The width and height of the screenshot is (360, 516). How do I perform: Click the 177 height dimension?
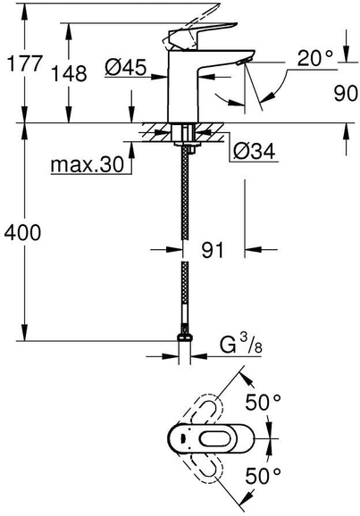tap(25, 63)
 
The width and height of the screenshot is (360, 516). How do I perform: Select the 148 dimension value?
tap(70, 73)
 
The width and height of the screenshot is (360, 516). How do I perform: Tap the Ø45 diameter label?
tap(125, 68)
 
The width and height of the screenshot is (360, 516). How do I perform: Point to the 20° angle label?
tap(315, 58)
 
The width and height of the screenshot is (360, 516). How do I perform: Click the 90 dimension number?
tap(346, 93)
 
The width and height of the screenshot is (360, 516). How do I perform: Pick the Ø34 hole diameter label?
tap(255, 152)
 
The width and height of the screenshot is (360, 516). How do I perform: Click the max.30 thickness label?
tap(88, 164)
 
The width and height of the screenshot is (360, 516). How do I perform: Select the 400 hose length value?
tap(22, 233)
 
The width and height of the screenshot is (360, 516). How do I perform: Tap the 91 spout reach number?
tap(213, 250)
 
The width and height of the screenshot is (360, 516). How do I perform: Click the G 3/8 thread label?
tap(241, 345)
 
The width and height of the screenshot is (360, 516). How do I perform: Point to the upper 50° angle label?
tap(264, 402)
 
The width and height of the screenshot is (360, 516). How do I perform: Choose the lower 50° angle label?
tap(264, 476)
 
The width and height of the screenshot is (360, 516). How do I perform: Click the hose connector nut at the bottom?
tap(185, 337)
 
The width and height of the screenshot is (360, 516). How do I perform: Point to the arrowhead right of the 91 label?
tap(253, 250)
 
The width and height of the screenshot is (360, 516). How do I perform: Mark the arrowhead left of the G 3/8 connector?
tap(170, 356)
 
